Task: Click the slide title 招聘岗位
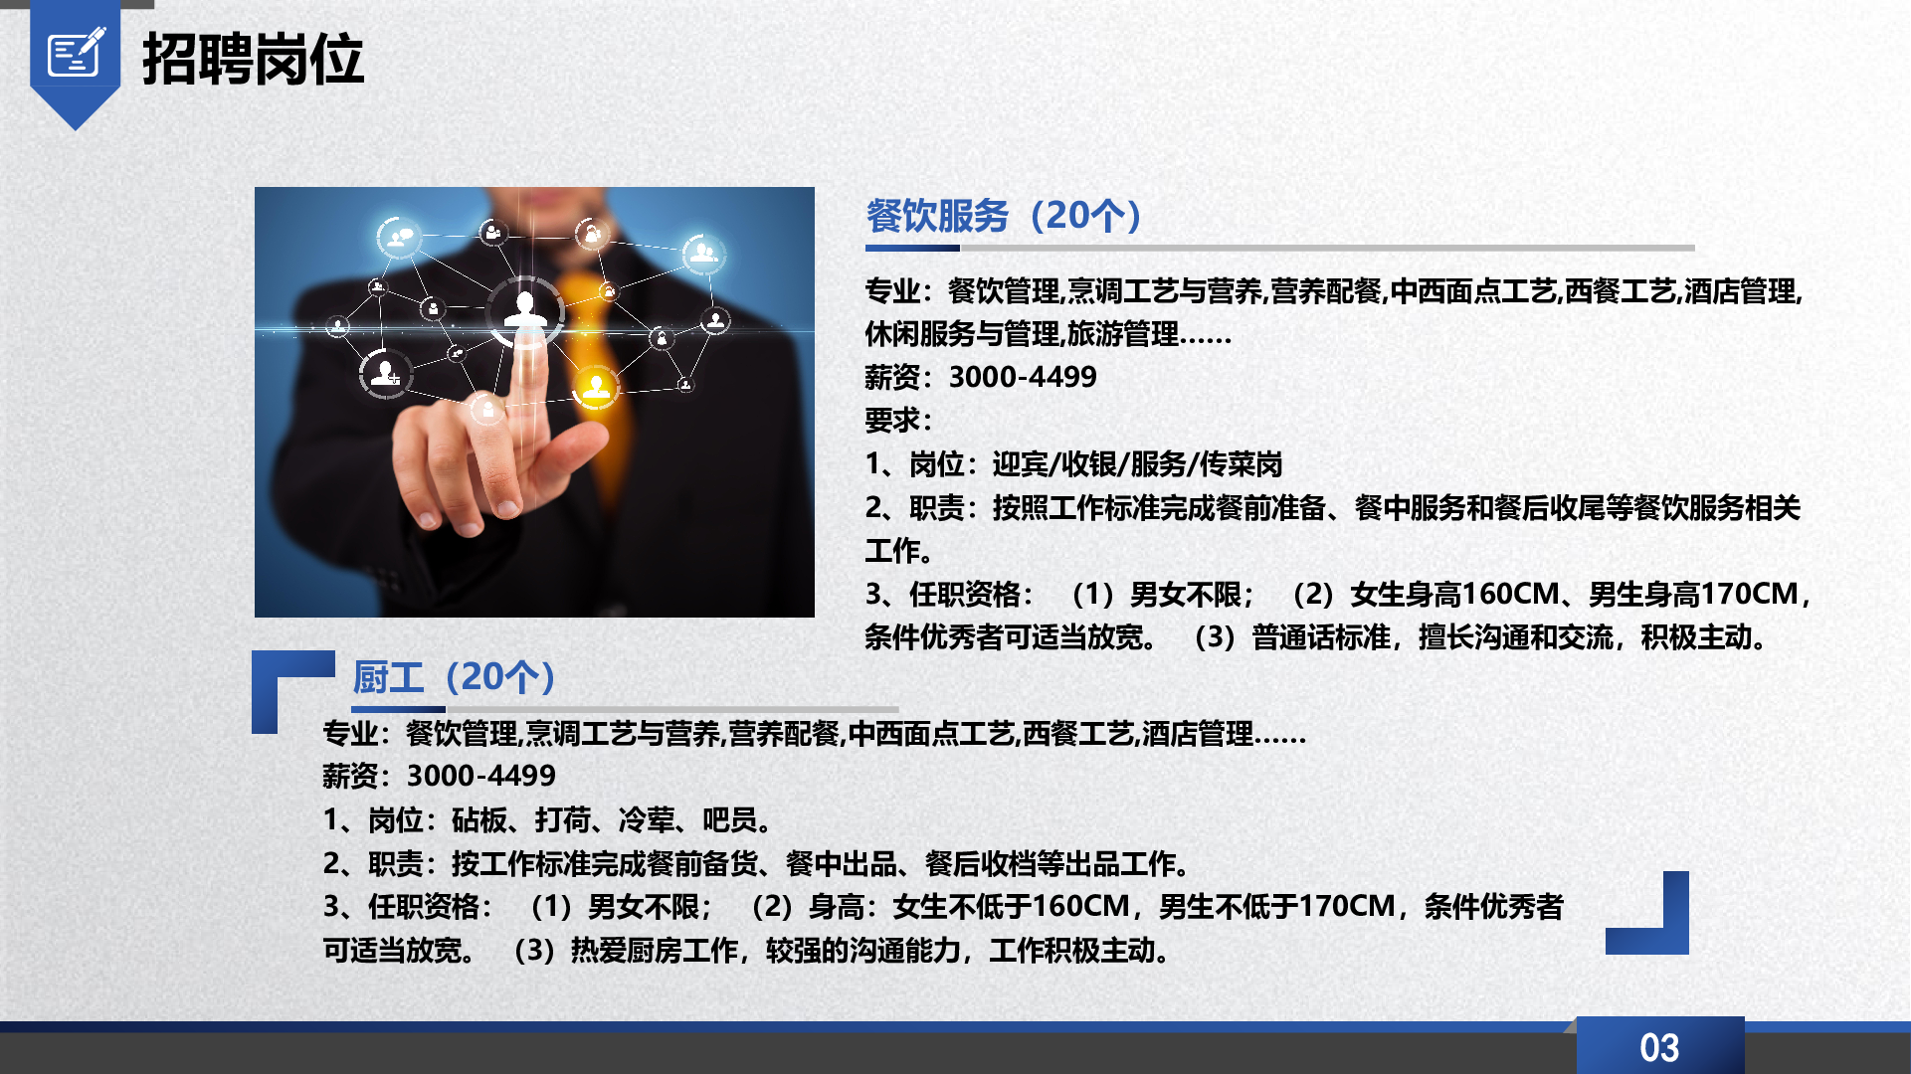(254, 60)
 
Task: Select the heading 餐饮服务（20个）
(1004, 216)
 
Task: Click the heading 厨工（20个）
(454, 677)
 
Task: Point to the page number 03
(1659, 1047)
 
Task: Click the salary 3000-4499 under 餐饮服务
(1023, 377)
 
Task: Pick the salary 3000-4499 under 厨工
(481, 776)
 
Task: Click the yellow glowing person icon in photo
(596, 387)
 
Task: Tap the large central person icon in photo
(525, 311)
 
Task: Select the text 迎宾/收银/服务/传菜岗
(1137, 464)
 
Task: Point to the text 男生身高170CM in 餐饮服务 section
(1693, 595)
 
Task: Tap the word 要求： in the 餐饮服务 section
(898, 421)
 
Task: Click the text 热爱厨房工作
(654, 951)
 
